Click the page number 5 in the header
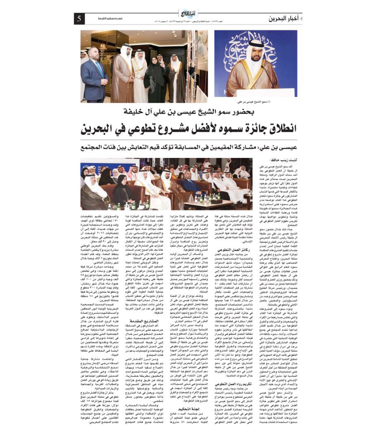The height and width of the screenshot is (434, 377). [79, 19]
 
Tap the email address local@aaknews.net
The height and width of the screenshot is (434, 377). [110, 19]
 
